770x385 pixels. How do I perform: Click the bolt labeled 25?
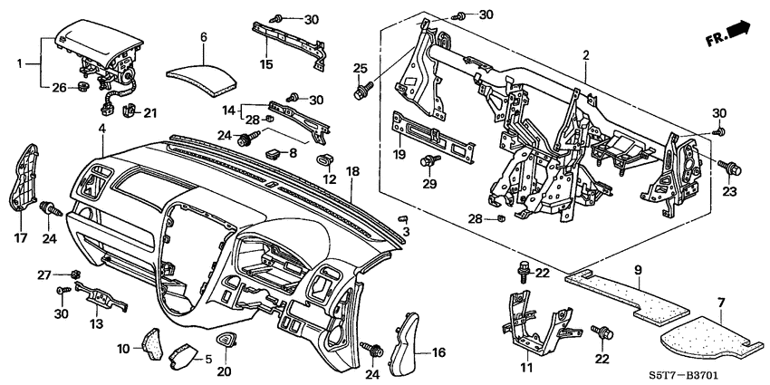(364, 90)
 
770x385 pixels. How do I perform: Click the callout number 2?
(586, 56)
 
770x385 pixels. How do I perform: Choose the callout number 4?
(101, 130)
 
